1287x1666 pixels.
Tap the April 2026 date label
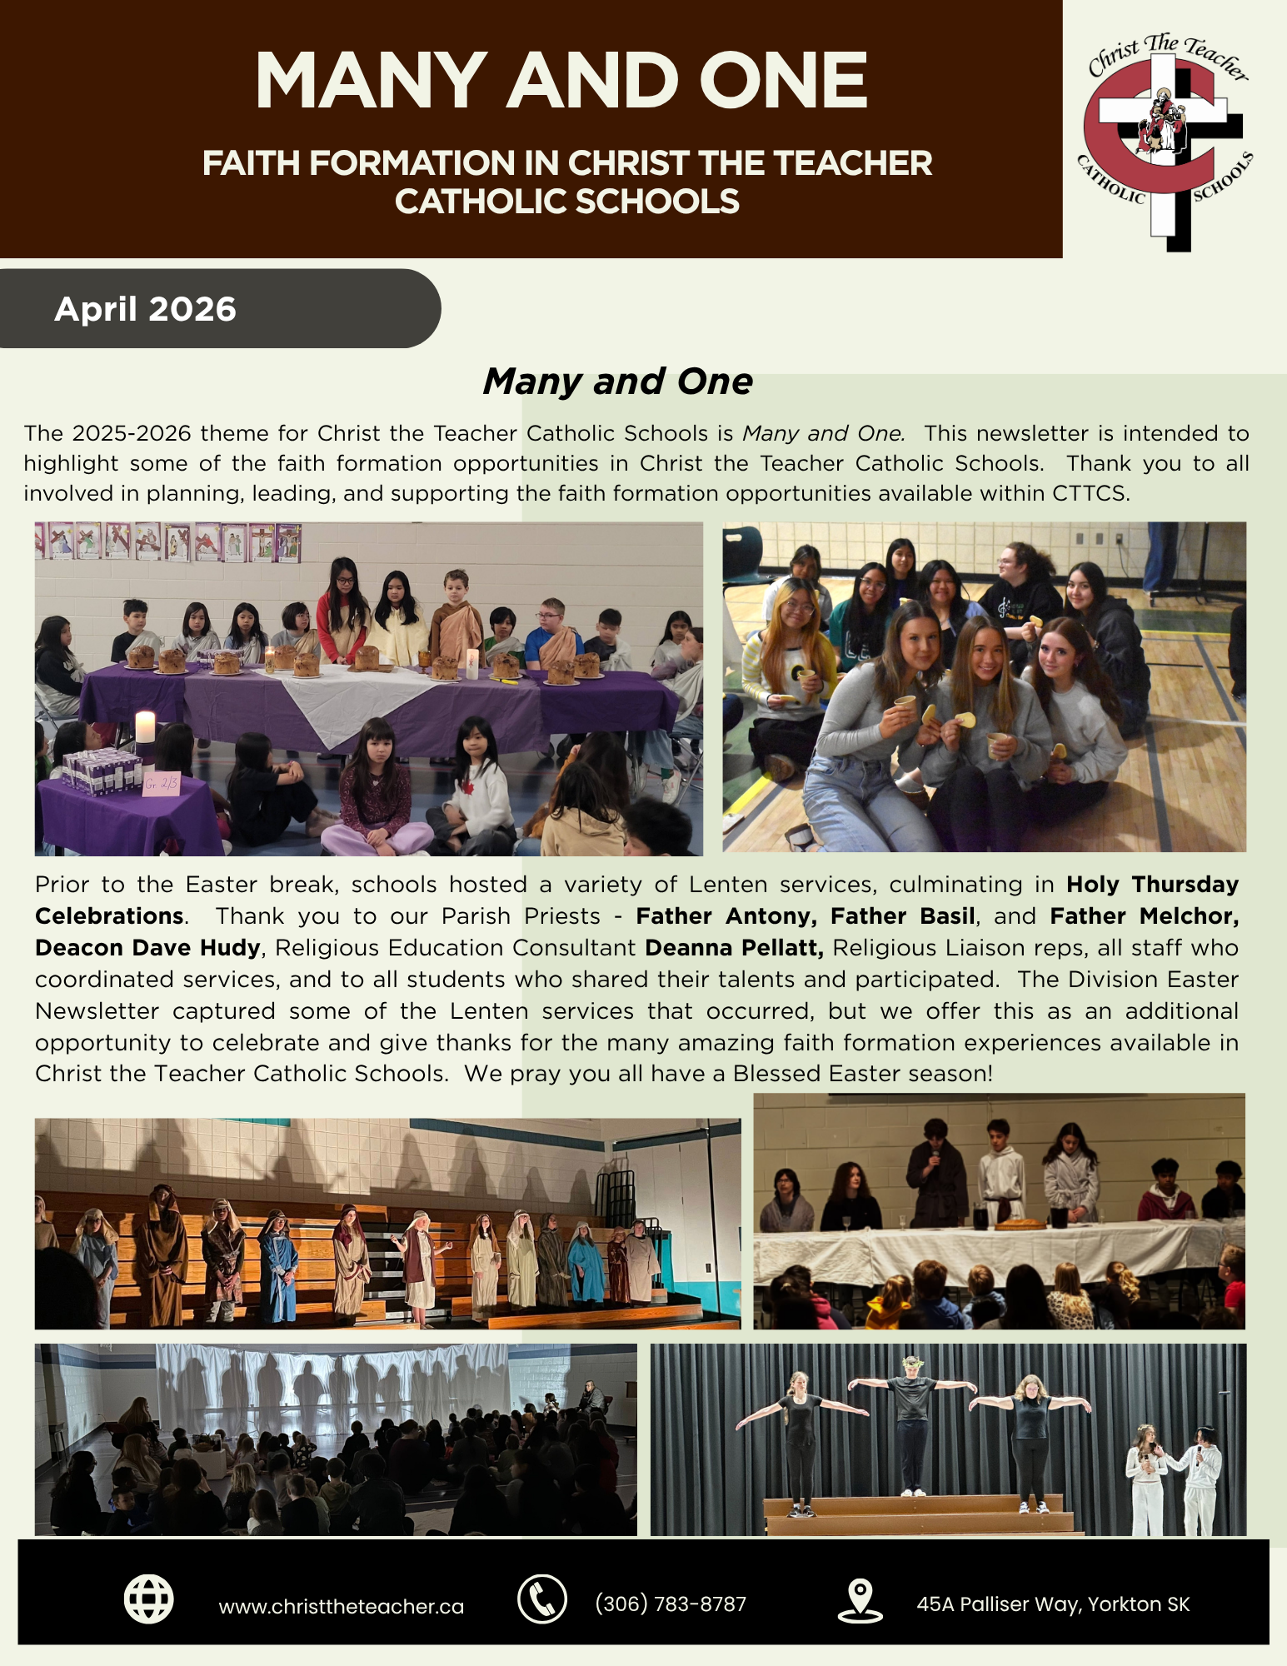pyautogui.click(x=145, y=309)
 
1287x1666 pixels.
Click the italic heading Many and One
pyautogui.click(x=617, y=382)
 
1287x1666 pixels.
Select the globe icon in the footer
pyautogui.click(x=148, y=1599)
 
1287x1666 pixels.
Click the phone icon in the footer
pyautogui.click(x=541, y=1599)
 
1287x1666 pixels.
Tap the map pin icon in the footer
pyautogui.click(x=859, y=1600)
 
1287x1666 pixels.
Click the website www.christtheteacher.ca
pyautogui.click(x=341, y=1606)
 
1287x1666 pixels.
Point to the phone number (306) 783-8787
pyautogui.click(x=671, y=1604)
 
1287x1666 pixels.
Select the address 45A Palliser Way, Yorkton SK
pyautogui.click(x=1053, y=1604)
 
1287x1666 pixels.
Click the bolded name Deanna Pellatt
pyautogui.click(x=734, y=948)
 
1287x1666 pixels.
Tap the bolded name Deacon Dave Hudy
pyautogui.click(x=147, y=948)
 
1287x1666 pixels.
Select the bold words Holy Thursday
pyautogui.click(x=1152, y=885)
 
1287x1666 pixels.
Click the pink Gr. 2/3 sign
pyautogui.click(x=161, y=784)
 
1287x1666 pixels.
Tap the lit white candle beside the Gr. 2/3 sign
pyautogui.click(x=145, y=726)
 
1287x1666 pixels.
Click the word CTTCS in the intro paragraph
pyautogui.click(x=1090, y=493)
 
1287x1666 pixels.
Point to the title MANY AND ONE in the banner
pyautogui.click(x=561, y=81)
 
